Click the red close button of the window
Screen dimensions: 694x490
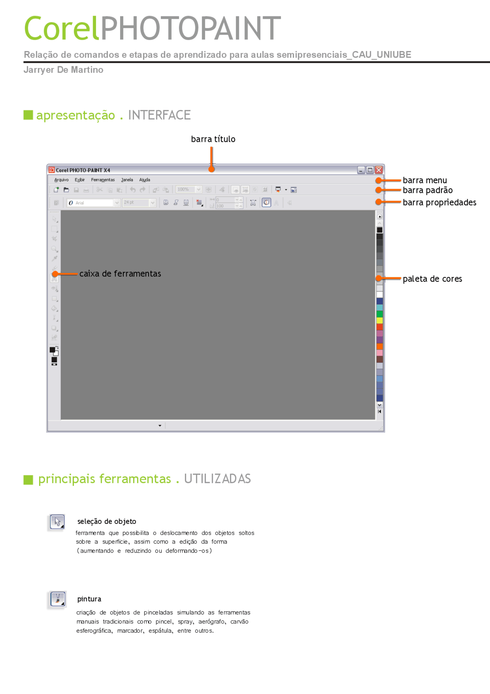pyautogui.click(x=379, y=170)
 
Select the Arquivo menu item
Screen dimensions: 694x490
pyautogui.click(x=61, y=180)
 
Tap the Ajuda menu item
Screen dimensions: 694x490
pyautogui.click(x=145, y=180)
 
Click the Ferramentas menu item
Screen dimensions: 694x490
pyautogui.click(x=103, y=180)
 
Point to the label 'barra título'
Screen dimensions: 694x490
pyautogui.click(x=213, y=139)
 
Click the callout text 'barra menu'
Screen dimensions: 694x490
pyautogui.click(x=425, y=180)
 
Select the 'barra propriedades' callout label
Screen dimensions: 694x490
pyautogui.click(x=439, y=202)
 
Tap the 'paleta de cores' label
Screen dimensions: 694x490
pyautogui.click(x=432, y=279)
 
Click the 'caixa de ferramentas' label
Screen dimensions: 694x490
pyautogui.click(x=120, y=274)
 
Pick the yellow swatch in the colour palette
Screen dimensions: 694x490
pyautogui.click(x=379, y=320)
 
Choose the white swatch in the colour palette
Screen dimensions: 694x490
pyautogui.click(x=379, y=294)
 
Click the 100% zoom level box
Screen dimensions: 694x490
pyautogui.click(x=185, y=190)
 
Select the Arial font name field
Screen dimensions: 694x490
pyautogui.click(x=92, y=203)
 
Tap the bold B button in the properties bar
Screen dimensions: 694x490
pyautogui.click(x=166, y=203)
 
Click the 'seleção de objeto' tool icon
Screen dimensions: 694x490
pyautogui.click(x=57, y=522)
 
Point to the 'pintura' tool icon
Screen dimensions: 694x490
pyautogui.click(x=58, y=599)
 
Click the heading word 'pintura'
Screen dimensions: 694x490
pyautogui.click(x=89, y=599)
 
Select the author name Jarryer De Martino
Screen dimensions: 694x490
pyautogui.click(x=64, y=70)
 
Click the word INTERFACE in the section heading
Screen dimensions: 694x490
pyautogui.click(x=159, y=115)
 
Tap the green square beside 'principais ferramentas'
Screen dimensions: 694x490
pyautogui.click(x=28, y=480)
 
